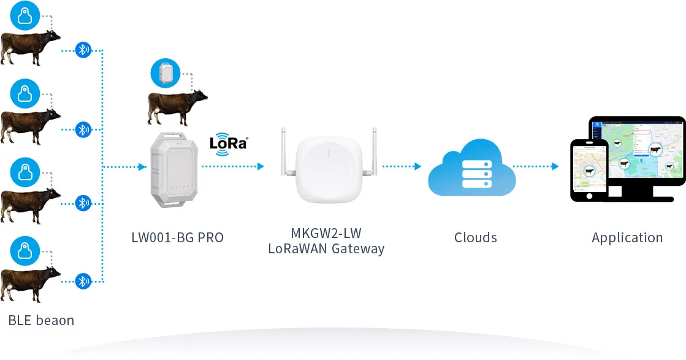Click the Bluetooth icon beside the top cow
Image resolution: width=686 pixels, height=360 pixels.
(x=83, y=50)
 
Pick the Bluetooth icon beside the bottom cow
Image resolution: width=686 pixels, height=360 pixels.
(x=83, y=281)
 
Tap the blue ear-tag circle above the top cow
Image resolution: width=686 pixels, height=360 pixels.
(x=25, y=17)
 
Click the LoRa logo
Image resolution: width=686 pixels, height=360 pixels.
(x=228, y=143)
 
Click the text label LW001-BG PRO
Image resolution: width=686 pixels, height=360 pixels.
(x=178, y=237)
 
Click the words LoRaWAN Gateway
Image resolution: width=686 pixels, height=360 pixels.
(x=326, y=249)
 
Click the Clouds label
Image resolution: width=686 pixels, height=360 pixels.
(x=476, y=238)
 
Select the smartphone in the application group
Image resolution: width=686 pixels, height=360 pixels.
(x=589, y=170)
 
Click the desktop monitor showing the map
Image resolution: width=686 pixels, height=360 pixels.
(x=638, y=153)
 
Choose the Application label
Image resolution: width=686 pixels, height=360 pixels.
(x=627, y=238)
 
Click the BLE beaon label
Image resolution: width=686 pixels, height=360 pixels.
(x=41, y=320)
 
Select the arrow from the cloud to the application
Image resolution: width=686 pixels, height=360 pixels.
(x=536, y=167)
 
